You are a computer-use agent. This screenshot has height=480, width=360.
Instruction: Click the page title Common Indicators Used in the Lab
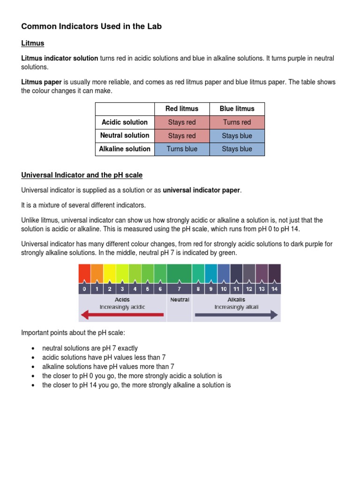click(91, 27)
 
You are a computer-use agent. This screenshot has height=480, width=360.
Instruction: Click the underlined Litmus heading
click(33, 43)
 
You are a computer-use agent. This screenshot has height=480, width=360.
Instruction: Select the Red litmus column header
click(182, 109)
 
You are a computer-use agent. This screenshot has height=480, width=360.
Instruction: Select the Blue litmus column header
click(237, 109)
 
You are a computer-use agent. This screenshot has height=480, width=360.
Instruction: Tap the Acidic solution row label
click(125, 122)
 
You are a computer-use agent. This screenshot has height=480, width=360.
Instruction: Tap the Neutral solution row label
click(125, 135)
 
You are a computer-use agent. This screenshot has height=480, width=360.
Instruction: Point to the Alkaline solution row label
click(125, 149)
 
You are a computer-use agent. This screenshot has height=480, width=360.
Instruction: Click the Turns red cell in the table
click(237, 122)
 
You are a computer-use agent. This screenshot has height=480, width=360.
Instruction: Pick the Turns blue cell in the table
click(182, 149)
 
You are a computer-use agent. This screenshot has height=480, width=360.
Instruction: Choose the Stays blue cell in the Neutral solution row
click(237, 136)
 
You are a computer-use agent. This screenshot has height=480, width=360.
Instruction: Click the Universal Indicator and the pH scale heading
click(82, 175)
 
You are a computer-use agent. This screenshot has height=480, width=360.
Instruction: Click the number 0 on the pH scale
click(84, 289)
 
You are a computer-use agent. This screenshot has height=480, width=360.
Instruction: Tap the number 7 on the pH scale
click(179, 289)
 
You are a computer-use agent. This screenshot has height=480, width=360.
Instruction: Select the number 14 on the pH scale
click(274, 289)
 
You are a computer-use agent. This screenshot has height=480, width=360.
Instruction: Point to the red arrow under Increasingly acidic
click(122, 315)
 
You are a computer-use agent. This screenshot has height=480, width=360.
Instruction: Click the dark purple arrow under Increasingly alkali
click(236, 315)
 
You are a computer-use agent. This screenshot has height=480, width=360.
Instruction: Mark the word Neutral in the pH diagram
click(180, 300)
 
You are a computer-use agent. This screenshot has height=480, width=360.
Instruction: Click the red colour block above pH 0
click(84, 273)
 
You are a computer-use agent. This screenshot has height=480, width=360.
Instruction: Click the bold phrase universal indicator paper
click(201, 190)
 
